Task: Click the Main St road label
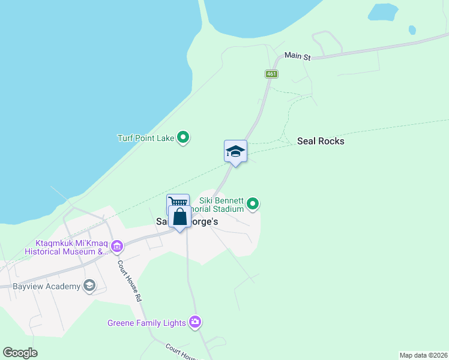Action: (297, 56)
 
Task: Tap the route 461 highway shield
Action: (271, 74)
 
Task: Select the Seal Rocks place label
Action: (321, 142)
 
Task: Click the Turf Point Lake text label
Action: (145, 138)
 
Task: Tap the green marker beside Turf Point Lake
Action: (184, 138)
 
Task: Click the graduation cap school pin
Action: (235, 152)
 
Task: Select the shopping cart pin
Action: (177, 203)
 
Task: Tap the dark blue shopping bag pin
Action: (179, 217)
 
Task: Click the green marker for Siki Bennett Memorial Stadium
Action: (253, 205)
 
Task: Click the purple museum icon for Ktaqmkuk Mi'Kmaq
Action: (117, 245)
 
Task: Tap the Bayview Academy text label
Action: (46, 286)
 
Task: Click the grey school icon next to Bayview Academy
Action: (89, 286)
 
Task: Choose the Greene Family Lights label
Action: (146, 323)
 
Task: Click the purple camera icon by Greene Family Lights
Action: (194, 323)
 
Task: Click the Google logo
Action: (20, 353)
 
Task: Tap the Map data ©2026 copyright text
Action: (423, 355)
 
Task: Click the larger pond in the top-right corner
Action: (383, 11)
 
